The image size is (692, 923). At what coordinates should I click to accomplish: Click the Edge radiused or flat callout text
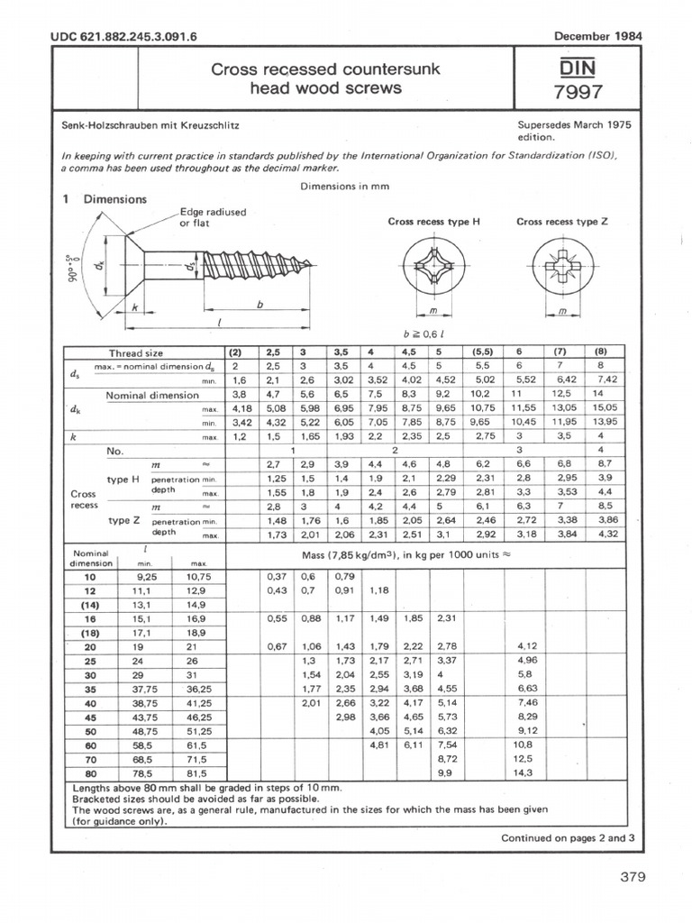(213, 217)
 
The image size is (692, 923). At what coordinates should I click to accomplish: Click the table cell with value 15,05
(598, 408)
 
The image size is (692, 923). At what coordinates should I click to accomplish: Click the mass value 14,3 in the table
(523, 772)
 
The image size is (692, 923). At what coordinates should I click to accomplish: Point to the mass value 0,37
(277, 576)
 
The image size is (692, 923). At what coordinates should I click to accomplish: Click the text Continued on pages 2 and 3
(568, 837)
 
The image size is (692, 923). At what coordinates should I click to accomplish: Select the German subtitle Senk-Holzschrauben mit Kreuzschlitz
(149, 132)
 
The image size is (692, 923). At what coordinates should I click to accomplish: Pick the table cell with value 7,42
(598, 381)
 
